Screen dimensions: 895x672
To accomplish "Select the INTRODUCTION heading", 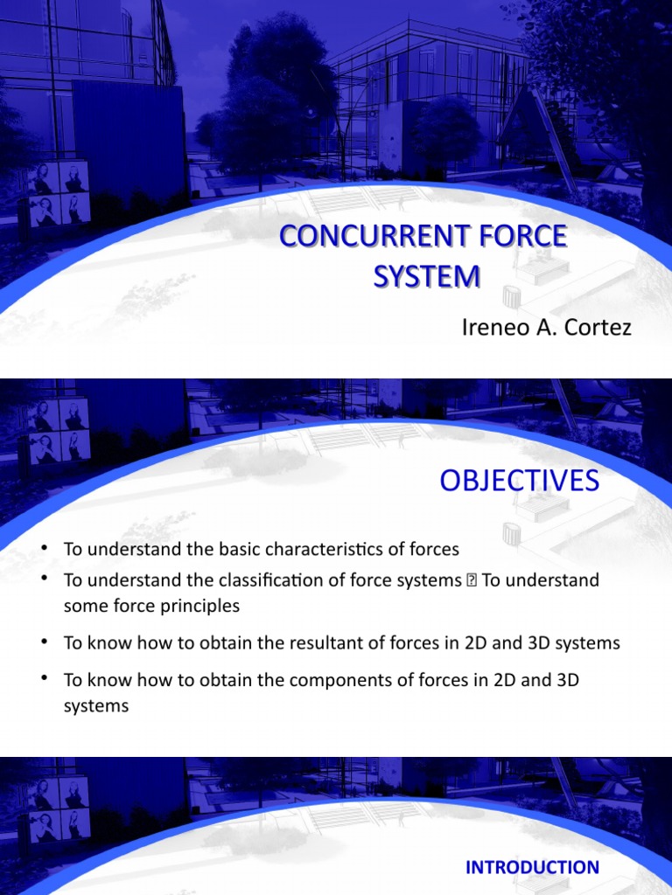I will coord(532,867).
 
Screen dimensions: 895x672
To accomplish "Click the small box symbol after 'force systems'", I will coord(470,580).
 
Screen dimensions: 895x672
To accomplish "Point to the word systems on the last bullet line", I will coord(96,706).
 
